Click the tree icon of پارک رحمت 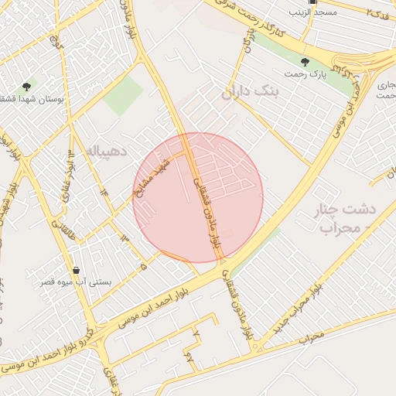(x=305, y=61)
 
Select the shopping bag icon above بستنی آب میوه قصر (x=76, y=270)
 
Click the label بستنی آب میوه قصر (x=76, y=282)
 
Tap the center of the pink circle (x=199, y=197)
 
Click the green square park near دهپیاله (x=123, y=96)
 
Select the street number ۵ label (x=142, y=266)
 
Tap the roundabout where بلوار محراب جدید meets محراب (x=256, y=346)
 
